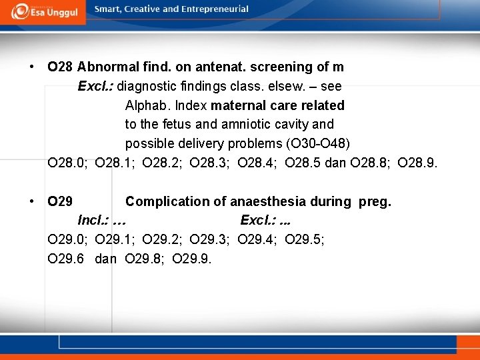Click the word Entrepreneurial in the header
tap(213, 9)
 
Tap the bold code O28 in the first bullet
tap(60, 67)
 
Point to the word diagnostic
tap(144, 86)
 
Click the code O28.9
tap(417, 162)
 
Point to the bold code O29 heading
tap(61, 201)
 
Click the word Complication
tap(167, 201)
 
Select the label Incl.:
tap(94, 220)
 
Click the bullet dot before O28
tap(32, 67)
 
